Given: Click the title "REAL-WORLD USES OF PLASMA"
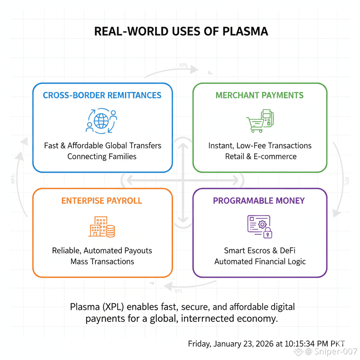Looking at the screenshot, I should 181,31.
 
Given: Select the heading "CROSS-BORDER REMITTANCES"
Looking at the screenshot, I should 102,95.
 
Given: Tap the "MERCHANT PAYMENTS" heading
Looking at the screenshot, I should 259,95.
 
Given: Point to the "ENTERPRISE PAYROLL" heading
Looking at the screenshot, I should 102,201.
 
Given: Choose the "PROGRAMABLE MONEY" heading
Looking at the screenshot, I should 259,201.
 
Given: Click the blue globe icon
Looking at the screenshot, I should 101,121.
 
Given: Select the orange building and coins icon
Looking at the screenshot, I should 102,227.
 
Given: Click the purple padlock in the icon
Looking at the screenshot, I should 268,232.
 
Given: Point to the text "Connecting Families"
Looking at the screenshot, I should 102,156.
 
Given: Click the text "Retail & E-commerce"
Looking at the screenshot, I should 261,156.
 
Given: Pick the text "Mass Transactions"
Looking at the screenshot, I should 102,262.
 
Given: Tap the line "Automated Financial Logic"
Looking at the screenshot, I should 260,262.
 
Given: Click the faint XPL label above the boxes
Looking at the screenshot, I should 184,65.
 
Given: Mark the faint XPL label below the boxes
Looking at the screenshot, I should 179,291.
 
